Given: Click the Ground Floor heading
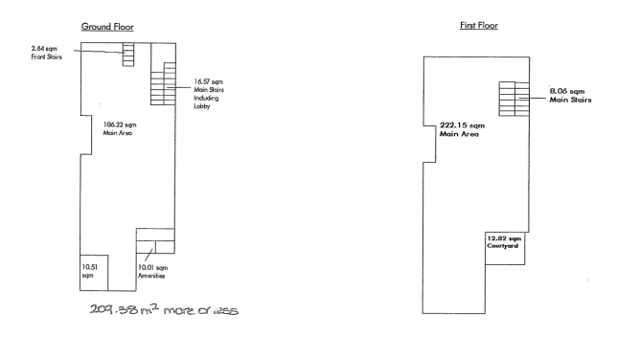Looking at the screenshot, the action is (x=107, y=27).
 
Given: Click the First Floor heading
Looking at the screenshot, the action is (x=479, y=25).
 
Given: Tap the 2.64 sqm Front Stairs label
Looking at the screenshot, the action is (x=46, y=53).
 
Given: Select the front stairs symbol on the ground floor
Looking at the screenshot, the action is (x=128, y=55).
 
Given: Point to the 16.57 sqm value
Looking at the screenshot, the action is (x=208, y=81).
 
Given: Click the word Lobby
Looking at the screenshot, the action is (x=202, y=106).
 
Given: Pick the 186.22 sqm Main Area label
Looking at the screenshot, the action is (x=120, y=128).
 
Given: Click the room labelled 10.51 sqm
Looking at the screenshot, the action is (x=94, y=273).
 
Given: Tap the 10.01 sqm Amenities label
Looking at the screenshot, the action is (x=152, y=271).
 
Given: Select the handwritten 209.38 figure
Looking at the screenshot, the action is (x=114, y=309).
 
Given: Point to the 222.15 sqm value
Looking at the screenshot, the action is (x=462, y=125).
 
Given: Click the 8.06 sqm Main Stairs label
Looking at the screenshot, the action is (x=570, y=96).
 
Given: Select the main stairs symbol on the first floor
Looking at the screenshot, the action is (x=514, y=99).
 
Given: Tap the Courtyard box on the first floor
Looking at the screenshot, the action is (x=505, y=248).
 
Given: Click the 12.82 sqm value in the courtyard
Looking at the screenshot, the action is (x=504, y=238).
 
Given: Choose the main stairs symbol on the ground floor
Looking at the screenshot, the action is (x=164, y=83).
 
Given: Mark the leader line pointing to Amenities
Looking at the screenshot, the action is (x=148, y=255).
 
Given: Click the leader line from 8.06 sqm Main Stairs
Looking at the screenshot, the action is (x=532, y=99).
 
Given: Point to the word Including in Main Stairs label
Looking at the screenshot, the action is (x=206, y=98).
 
